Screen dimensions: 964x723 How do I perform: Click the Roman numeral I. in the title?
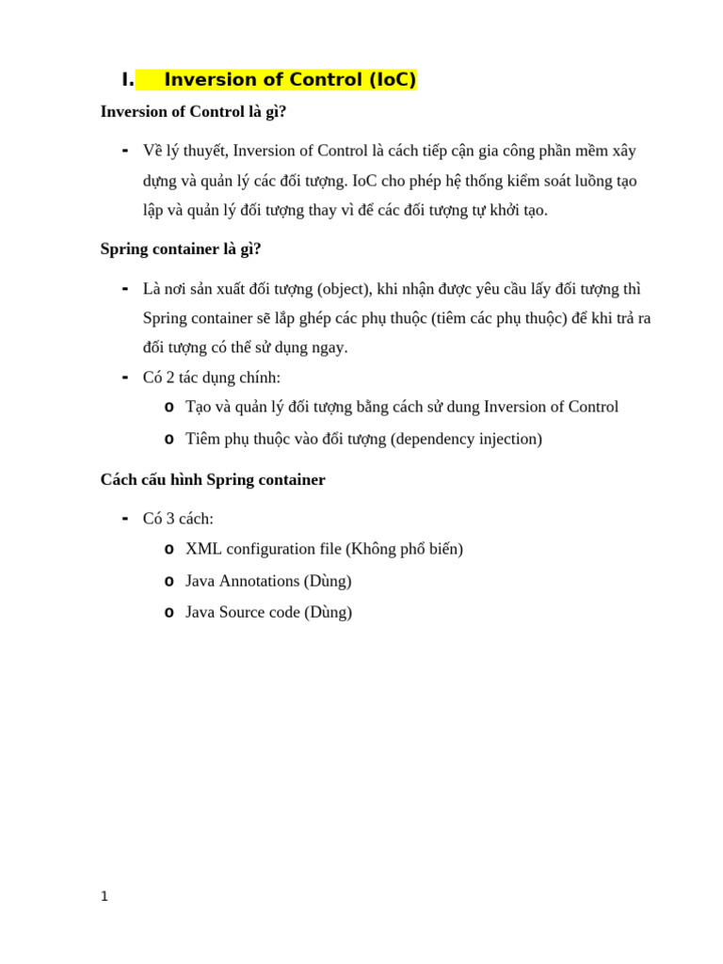coord(127,80)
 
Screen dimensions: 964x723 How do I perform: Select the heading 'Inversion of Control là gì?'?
coord(193,112)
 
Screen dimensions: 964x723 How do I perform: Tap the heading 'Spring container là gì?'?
coord(181,249)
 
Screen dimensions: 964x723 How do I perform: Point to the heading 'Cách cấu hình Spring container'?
coord(213,480)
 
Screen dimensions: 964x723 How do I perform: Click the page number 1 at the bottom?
coord(104,896)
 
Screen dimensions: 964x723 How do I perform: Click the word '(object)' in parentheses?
coord(345,289)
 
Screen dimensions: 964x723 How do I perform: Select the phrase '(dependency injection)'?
coord(466,439)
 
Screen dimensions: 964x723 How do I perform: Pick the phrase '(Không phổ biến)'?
coord(404,549)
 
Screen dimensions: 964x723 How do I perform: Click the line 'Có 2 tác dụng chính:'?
coord(212,378)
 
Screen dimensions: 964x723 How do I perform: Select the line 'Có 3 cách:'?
coord(178,519)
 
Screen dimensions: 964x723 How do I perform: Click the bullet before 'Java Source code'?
coord(169,613)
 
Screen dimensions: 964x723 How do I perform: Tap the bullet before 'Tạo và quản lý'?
coord(169,408)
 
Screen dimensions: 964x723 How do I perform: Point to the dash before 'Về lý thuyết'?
coord(125,151)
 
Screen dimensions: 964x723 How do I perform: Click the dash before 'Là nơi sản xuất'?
coord(125,288)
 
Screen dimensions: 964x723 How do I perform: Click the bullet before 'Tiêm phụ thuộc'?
coord(169,440)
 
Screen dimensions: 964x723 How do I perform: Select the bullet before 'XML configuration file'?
coord(169,550)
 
